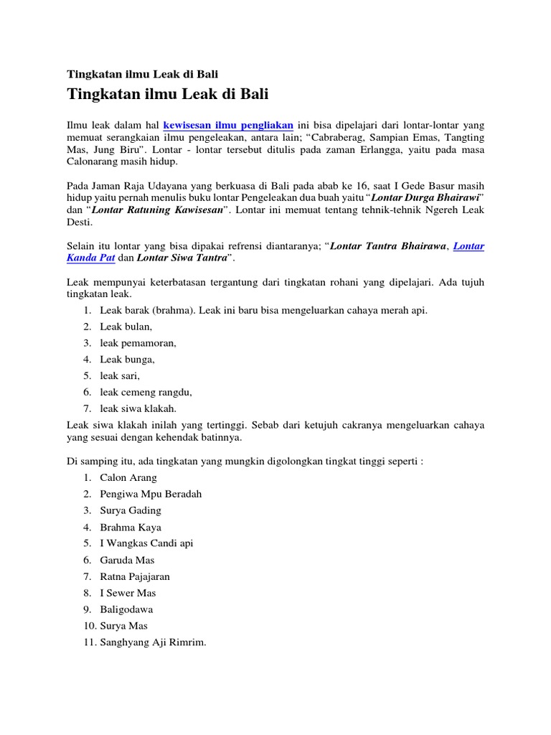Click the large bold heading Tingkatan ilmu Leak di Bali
(168, 94)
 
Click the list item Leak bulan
(126, 327)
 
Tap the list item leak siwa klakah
(138, 408)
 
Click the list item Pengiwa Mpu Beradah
(151, 494)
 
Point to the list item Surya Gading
(131, 510)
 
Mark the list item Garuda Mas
(128, 560)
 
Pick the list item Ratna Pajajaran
(135, 576)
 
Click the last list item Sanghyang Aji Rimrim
(153, 642)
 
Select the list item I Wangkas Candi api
(146, 543)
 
